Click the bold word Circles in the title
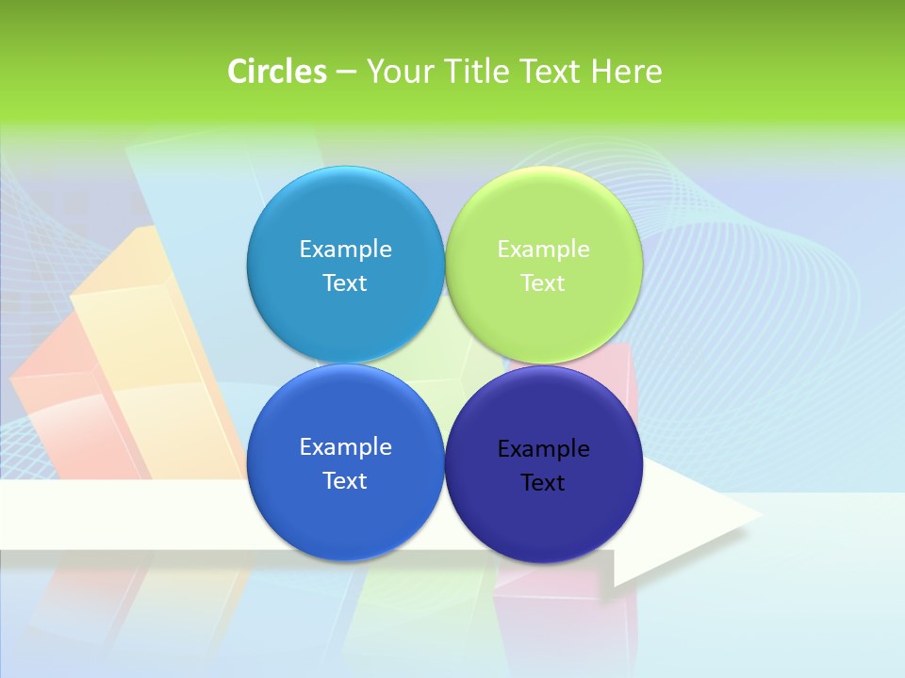pos(277,72)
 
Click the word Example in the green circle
pos(544,249)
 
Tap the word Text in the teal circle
pos(345,282)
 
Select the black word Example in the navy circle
pos(544,448)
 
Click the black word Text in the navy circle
pos(543,482)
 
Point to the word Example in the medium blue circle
pos(345,446)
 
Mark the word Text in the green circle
pos(543,282)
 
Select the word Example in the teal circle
pos(345,249)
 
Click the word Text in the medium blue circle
pos(345,480)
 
